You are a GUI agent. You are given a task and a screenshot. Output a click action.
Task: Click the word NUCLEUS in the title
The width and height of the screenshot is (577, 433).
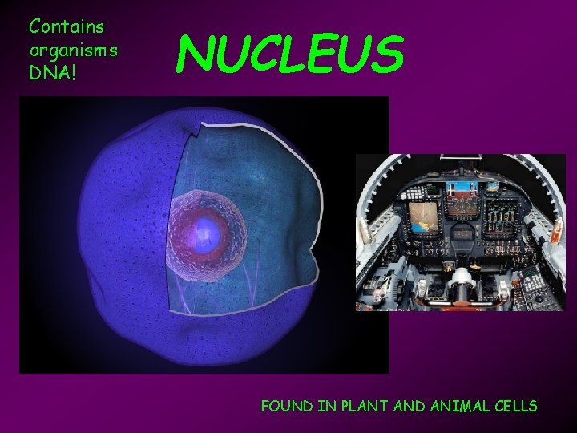[290, 52]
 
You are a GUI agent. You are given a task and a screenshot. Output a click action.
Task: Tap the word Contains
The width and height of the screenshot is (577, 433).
[67, 26]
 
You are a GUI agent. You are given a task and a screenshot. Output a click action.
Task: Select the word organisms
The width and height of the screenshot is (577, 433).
[73, 50]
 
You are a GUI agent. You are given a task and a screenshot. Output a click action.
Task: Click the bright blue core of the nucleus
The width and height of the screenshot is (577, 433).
[208, 232]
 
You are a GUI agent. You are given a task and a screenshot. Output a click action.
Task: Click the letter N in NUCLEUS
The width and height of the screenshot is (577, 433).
[195, 52]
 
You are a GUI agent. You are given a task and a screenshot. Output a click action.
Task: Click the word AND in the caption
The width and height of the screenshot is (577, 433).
[409, 406]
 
